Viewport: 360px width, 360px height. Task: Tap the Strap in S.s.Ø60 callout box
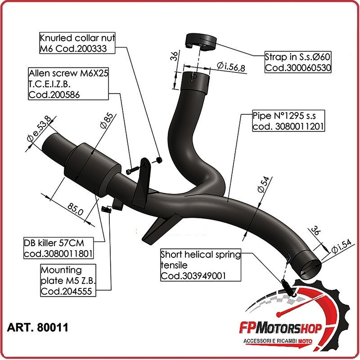[298, 63]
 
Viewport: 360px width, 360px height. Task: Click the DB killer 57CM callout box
[58, 248]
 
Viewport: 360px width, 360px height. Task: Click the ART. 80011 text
[38, 327]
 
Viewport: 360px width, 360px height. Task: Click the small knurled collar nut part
[160, 159]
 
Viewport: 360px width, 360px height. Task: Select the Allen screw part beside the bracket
[130, 171]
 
